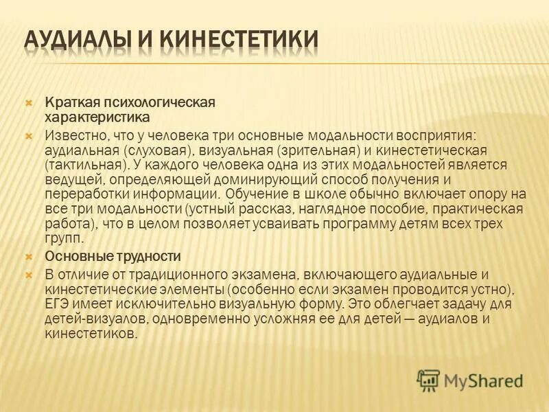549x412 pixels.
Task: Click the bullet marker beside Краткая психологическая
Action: pos(29,102)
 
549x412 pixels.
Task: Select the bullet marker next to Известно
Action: pos(29,135)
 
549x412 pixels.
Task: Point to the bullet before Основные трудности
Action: pos(29,256)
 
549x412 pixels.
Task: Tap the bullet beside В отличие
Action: pos(29,273)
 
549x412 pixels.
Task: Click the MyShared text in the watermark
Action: pos(484,380)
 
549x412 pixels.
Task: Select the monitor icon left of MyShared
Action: pos(429,380)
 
